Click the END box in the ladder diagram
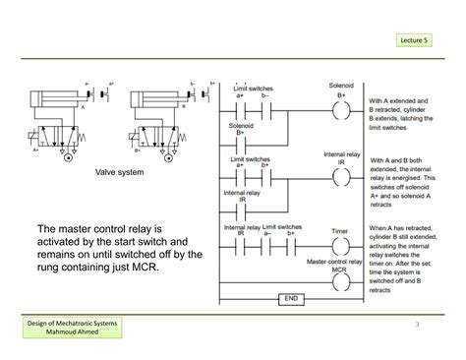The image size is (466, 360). point(291,298)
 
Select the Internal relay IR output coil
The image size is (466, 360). point(340,176)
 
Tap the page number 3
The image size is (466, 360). point(417,325)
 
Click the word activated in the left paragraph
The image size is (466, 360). point(61,242)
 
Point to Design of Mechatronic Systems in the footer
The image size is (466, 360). point(75,325)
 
